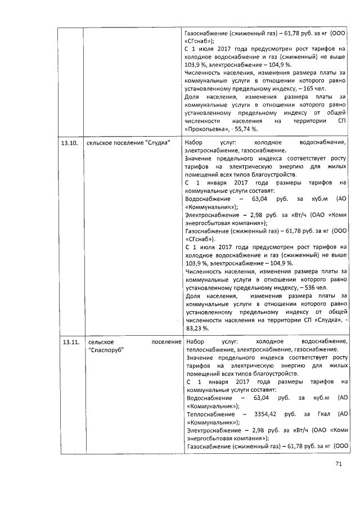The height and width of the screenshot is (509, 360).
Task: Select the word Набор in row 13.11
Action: [x=195, y=341]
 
